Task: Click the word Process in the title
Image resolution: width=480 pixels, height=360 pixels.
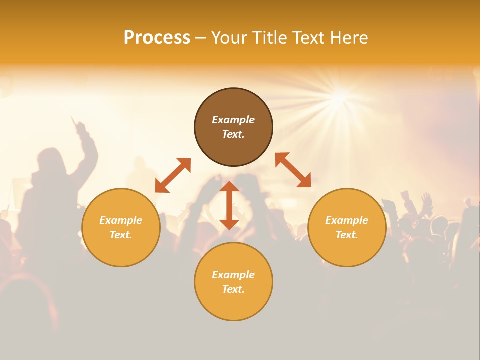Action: tap(157, 38)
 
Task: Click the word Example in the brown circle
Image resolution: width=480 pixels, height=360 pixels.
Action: tap(233, 120)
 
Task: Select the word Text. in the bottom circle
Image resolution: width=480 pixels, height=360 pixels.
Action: tap(233, 289)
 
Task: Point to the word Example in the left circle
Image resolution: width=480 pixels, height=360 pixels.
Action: tap(121, 220)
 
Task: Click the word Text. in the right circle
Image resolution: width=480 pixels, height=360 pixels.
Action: tap(347, 235)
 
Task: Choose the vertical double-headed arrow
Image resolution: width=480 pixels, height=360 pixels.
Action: tap(229, 205)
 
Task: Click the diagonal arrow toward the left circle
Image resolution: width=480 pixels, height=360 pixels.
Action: tap(173, 175)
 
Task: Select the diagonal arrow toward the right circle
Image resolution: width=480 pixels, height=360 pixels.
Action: tap(293, 170)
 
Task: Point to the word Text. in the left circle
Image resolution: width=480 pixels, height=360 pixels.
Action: tap(121, 235)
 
